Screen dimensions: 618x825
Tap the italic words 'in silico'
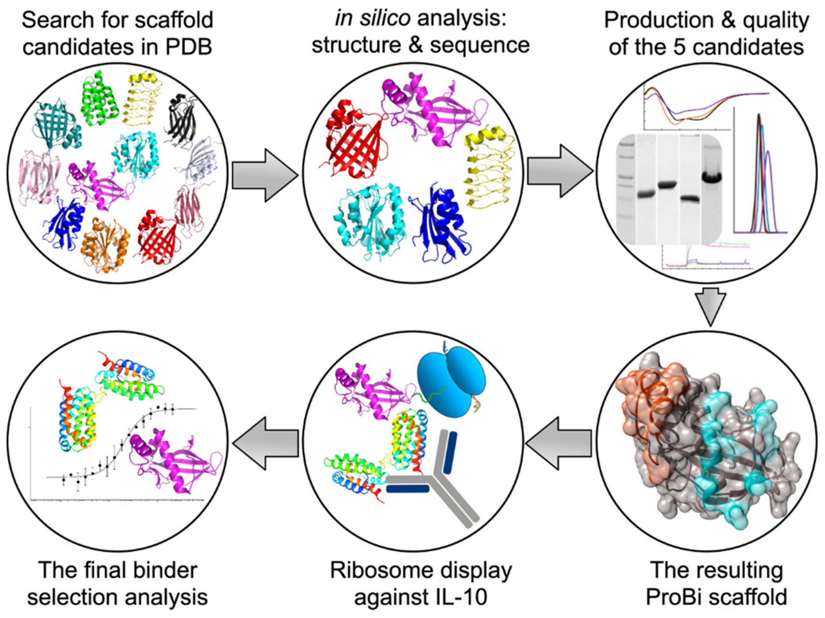click(373, 19)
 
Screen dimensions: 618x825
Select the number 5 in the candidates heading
click(691, 47)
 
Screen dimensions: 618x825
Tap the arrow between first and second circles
click(265, 175)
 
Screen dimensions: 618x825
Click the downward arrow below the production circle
click(710, 306)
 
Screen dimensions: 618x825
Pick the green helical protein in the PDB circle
click(99, 99)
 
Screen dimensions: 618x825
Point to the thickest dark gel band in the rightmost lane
click(712, 178)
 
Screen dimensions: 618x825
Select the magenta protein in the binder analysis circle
click(175, 466)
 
